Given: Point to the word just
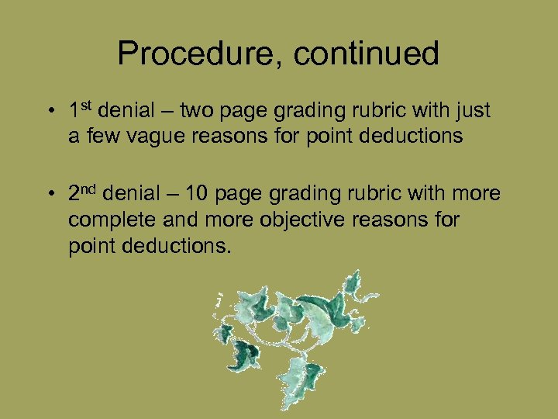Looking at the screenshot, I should tap(473, 111).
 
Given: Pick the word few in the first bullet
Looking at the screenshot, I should tap(99, 137).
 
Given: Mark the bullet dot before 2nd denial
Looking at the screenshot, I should tap(49, 195).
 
